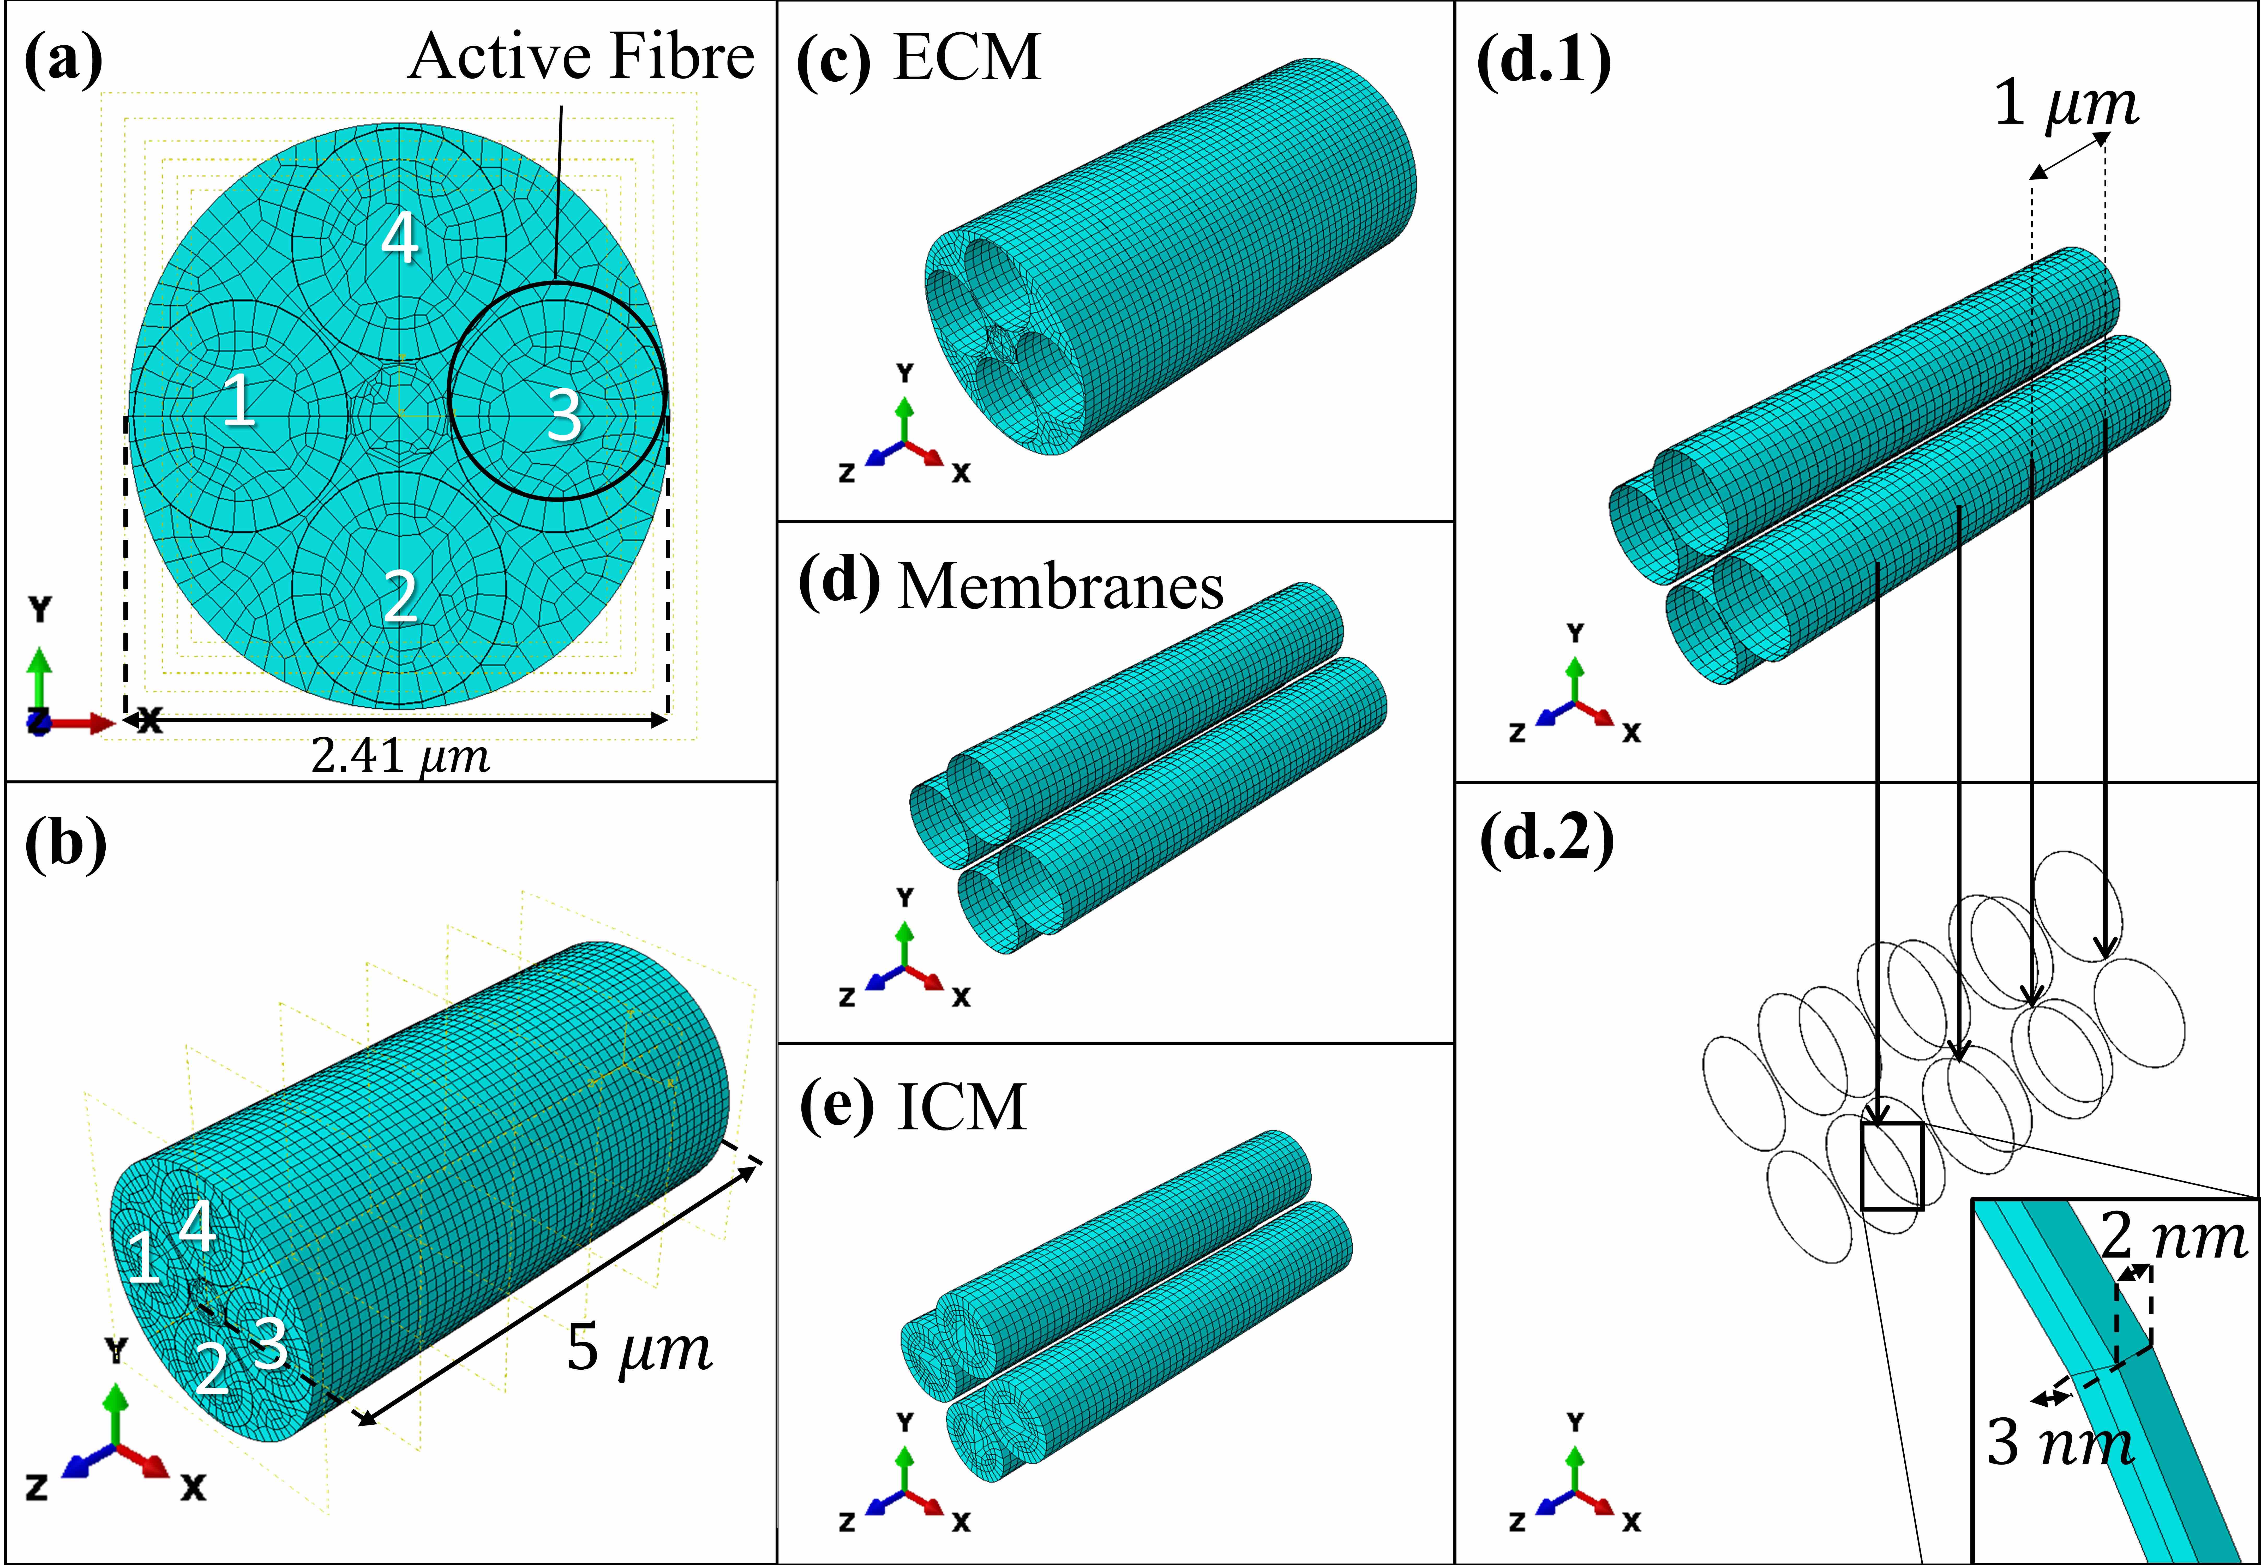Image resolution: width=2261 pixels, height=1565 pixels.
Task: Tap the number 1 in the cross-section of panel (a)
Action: [238, 400]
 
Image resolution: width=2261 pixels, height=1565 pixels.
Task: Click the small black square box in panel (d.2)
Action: [1891, 1166]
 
